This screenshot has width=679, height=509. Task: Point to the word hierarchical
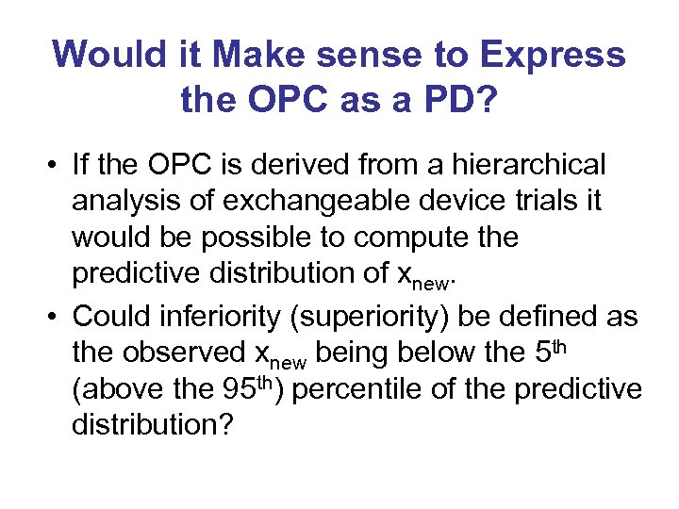tap(531, 165)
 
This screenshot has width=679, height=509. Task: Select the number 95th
tap(239, 388)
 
